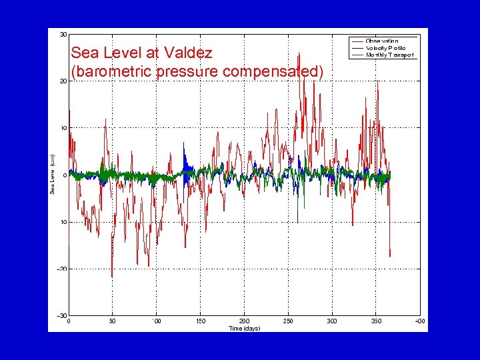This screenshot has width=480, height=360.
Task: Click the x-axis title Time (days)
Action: click(x=245, y=328)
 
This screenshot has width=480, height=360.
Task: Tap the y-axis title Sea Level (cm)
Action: click(x=53, y=175)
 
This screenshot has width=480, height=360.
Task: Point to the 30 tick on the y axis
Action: click(x=63, y=34)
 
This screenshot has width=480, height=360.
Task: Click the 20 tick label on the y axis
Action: click(x=63, y=81)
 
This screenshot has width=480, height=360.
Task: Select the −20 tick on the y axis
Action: click(x=61, y=269)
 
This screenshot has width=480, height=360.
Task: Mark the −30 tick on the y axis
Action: click(x=61, y=315)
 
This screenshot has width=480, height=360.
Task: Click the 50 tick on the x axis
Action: click(x=113, y=321)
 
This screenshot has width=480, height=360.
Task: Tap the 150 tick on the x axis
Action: click(x=201, y=321)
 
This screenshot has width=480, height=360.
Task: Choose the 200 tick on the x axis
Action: click(x=245, y=321)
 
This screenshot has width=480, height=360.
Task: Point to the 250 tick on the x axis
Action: click(x=289, y=321)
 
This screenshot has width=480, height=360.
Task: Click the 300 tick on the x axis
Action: click(x=333, y=321)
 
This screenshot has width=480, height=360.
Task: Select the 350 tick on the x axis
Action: click(x=377, y=321)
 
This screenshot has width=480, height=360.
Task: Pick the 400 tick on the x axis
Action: click(x=420, y=321)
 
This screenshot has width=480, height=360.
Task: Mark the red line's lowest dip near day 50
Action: click(x=112, y=277)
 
